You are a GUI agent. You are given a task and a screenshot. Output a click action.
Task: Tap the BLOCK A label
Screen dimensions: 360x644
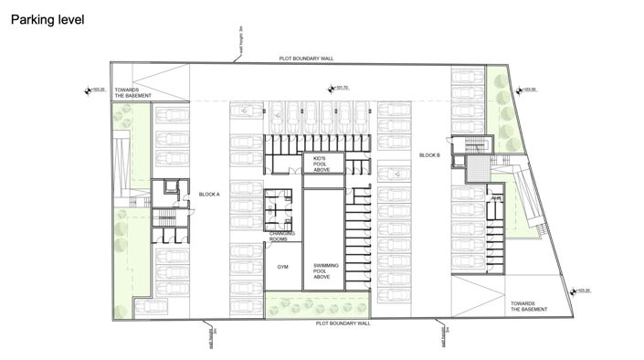coord(210,195)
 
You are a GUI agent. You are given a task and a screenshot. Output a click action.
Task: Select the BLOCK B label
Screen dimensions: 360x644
coord(430,155)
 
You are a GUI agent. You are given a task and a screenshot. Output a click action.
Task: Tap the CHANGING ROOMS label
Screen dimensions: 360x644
coord(281,237)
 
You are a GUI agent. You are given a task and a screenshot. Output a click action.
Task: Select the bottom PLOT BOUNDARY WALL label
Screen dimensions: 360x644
coord(343,323)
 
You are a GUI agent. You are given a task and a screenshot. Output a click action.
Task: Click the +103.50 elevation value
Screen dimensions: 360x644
coord(527,90)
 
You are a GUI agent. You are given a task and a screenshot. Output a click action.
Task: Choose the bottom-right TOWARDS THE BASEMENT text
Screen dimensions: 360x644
coord(529,305)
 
